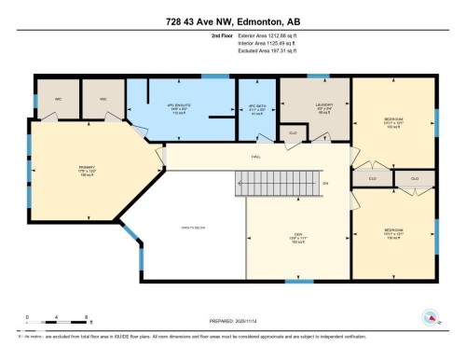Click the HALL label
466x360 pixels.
coord(254,157)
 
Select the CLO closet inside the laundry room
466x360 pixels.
coord(294,132)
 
